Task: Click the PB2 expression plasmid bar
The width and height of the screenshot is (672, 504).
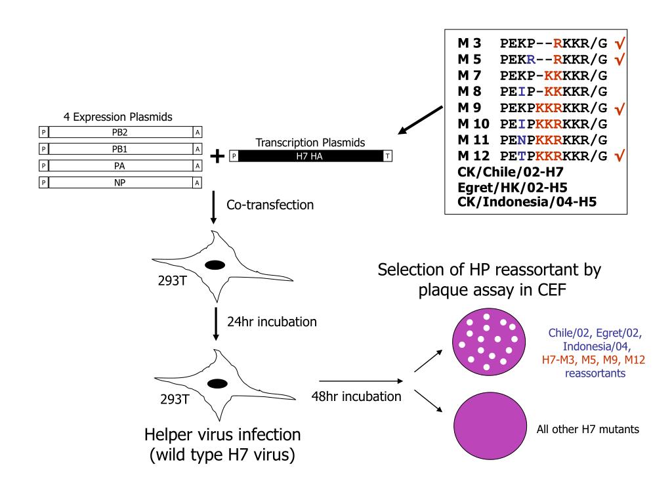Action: (121, 133)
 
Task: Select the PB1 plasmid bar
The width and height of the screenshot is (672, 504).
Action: (121, 149)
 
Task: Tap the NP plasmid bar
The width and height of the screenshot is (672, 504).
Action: (121, 182)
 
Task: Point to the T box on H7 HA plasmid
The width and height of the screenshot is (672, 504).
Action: (388, 156)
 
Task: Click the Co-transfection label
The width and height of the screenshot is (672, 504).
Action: (270, 205)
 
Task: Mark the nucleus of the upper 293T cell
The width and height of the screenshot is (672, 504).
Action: (216, 265)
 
